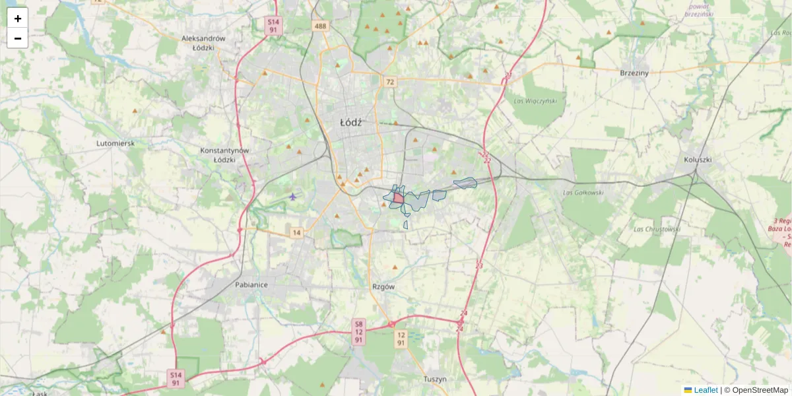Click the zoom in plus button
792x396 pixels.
(18, 18)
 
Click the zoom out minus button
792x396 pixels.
(18, 38)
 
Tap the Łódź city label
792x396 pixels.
(351, 122)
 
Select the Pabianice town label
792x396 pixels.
(251, 285)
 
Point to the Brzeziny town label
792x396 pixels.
(635, 73)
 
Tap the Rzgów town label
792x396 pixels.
(383, 287)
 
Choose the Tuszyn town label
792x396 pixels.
(435, 379)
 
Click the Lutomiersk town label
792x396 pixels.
(115, 143)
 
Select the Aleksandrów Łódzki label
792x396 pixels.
(203, 43)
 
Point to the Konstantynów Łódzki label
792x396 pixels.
(224, 155)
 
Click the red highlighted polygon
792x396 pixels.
(399, 197)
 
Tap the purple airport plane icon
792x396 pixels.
(293, 196)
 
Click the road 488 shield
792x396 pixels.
(321, 26)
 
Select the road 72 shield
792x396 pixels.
(391, 82)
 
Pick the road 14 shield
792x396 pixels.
(297, 232)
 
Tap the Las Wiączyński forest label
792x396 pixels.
(535, 101)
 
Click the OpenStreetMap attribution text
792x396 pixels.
(760, 390)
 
